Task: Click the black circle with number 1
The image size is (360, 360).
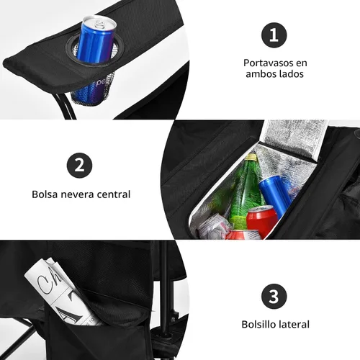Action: [x=274, y=35]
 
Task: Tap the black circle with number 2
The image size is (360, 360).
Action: [x=79, y=166]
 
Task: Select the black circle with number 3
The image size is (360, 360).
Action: [x=274, y=296]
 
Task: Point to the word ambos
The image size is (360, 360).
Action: [x=261, y=73]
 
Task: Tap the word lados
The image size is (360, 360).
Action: [x=291, y=73]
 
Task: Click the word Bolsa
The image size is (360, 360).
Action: [x=45, y=194]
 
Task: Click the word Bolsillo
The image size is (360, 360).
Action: [x=257, y=324]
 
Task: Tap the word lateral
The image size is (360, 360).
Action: [x=292, y=324]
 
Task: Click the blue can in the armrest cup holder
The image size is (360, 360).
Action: [x=96, y=41]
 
